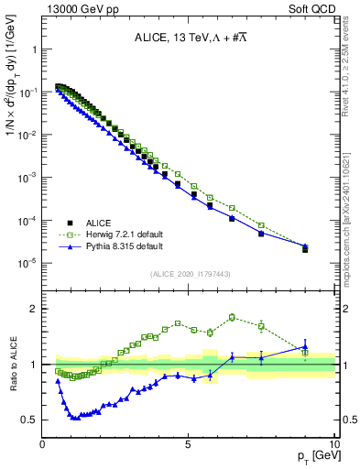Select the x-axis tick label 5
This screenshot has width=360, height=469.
pos(188,444)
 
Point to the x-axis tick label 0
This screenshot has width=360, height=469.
pos(42,444)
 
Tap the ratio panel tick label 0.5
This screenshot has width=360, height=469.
pos(31,420)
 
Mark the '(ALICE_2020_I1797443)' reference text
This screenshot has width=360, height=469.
pos(189,274)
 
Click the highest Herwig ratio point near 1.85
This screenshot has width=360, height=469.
pos(232,317)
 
